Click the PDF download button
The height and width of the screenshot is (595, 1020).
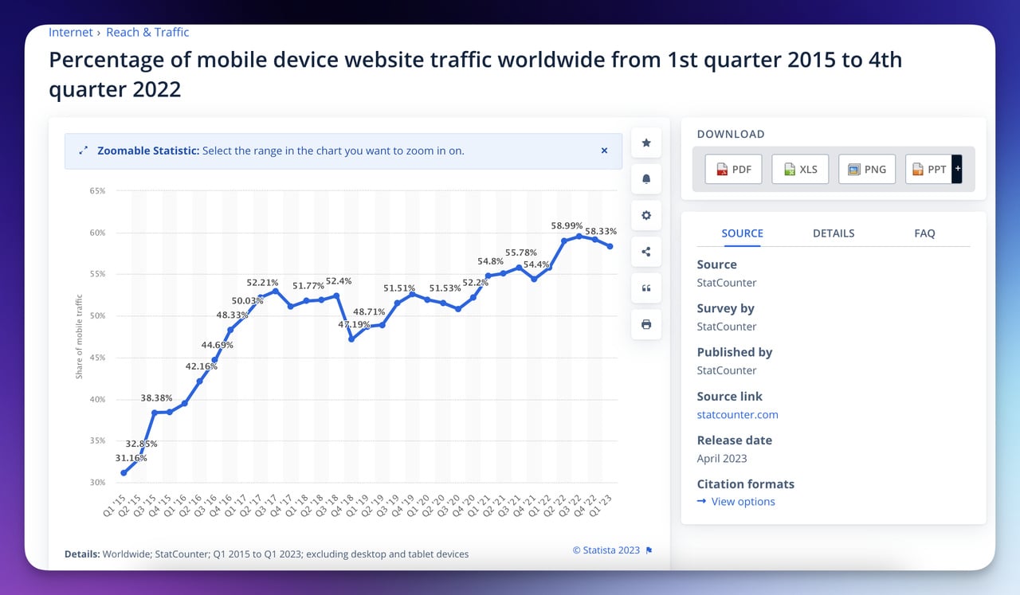(733, 169)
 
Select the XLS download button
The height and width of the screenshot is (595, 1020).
(800, 169)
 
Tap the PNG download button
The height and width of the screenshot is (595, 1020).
(866, 169)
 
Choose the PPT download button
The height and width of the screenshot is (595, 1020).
(929, 169)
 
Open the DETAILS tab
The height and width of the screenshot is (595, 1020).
(834, 233)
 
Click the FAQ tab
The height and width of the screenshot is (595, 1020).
(924, 233)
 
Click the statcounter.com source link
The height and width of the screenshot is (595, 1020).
(737, 414)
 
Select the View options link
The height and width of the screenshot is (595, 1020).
(743, 502)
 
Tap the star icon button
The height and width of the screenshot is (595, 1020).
(646, 143)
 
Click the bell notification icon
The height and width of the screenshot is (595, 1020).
(646, 179)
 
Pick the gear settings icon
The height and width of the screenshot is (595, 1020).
(646, 215)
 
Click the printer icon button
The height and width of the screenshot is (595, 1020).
(646, 324)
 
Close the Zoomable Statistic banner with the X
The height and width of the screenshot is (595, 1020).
(604, 151)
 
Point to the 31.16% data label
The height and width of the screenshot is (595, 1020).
(131, 458)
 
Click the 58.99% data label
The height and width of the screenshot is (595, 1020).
(567, 226)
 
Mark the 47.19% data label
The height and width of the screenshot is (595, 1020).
(354, 325)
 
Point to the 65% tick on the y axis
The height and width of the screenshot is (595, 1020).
(98, 191)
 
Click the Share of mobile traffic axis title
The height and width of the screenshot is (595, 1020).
(79, 336)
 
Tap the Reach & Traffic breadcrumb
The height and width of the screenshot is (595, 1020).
(147, 33)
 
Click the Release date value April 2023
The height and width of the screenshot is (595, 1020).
(722, 458)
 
